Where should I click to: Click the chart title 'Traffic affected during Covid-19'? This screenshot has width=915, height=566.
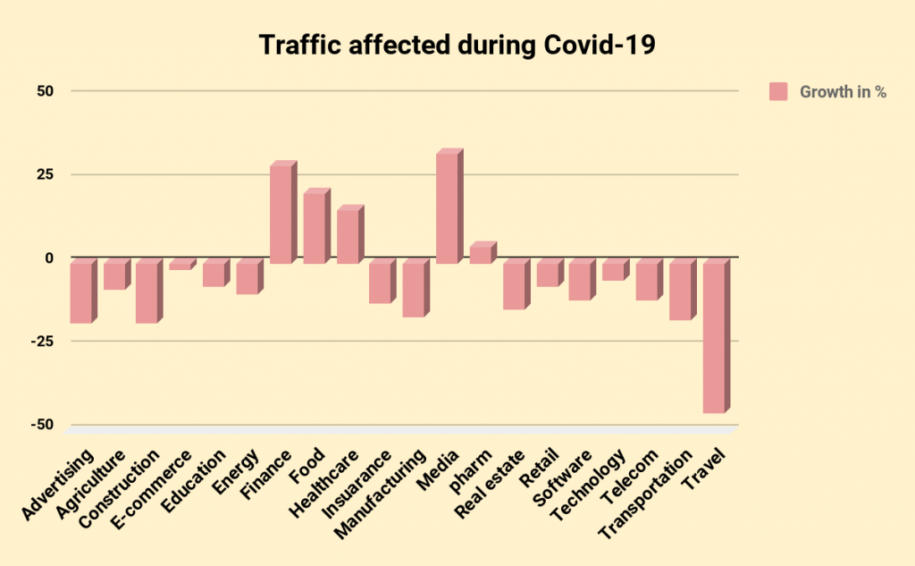[x=457, y=46]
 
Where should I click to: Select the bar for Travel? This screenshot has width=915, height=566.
[x=714, y=337]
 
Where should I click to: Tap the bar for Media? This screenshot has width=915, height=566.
[x=447, y=208]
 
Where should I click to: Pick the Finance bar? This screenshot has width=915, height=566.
[x=281, y=215]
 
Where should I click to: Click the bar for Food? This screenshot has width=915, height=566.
[x=314, y=228]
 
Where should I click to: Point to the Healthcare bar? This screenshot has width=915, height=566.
[x=348, y=237]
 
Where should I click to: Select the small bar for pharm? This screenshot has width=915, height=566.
[x=480, y=255]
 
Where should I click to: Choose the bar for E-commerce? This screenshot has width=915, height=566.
[x=180, y=266]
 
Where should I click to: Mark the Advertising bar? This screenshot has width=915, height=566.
[x=81, y=292]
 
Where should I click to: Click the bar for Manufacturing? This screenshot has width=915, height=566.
[x=414, y=290]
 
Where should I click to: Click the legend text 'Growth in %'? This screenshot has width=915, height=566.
[x=842, y=91]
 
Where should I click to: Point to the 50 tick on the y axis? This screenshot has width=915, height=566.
[x=45, y=91]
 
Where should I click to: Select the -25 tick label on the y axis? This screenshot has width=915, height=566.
[x=41, y=341]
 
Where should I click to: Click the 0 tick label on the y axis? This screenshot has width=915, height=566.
[x=50, y=258]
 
